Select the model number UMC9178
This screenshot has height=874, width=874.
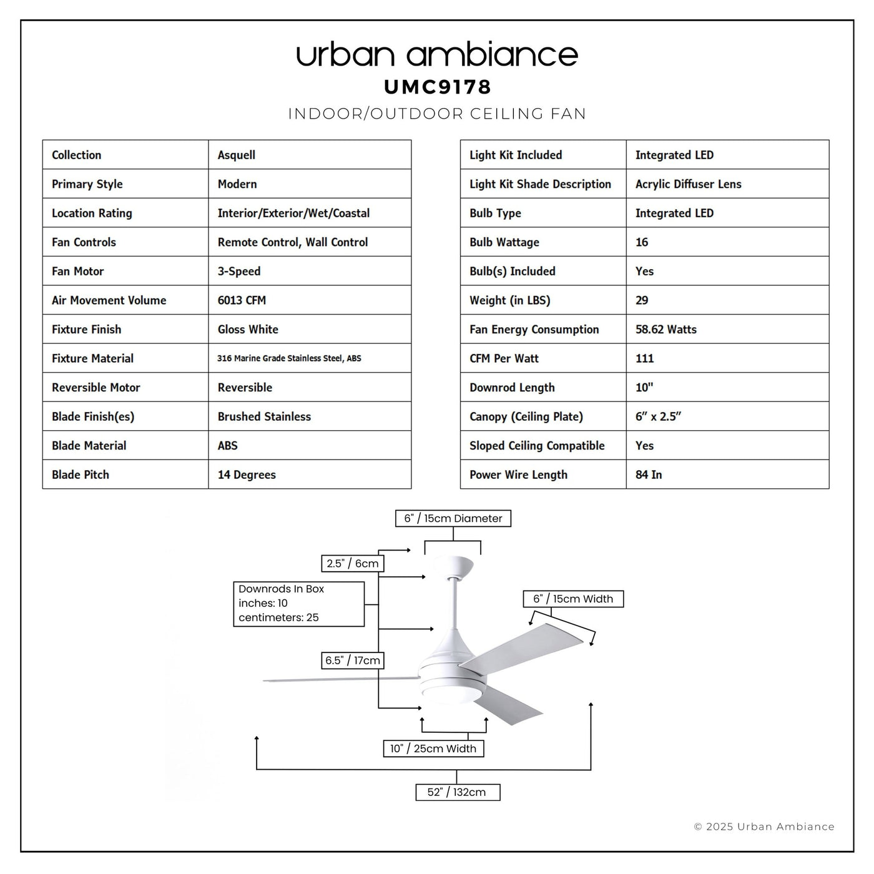point(438,87)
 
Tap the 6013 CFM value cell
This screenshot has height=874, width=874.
point(242,300)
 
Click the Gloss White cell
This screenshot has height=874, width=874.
point(248,329)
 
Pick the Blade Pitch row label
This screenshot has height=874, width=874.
point(81,474)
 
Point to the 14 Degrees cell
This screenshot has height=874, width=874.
point(247,474)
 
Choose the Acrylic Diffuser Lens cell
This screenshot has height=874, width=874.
point(688,184)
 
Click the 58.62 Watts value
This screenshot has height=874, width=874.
point(665,329)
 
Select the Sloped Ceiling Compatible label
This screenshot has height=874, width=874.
point(537,446)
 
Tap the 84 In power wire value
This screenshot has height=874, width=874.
point(649,474)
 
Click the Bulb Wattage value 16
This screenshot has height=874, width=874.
point(642,242)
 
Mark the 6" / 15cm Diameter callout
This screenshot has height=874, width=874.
point(453,518)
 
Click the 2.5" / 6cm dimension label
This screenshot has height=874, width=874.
point(353,563)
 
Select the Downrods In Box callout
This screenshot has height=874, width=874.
point(298,604)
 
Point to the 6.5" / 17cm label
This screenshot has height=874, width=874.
point(353,660)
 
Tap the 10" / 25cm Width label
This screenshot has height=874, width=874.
point(433,749)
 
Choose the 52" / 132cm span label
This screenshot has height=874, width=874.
point(458,792)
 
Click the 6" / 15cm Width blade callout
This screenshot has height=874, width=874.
point(573,599)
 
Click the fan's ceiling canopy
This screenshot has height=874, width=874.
point(453,566)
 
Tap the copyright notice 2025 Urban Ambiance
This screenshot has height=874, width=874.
point(764,827)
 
